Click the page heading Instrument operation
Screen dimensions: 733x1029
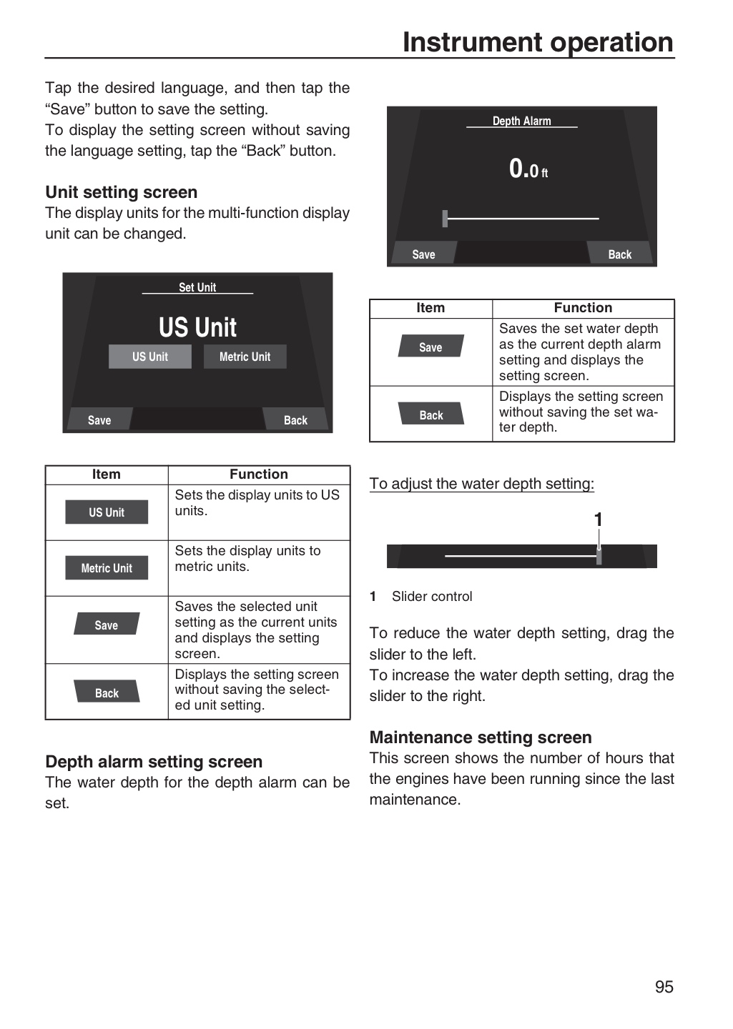point(538,42)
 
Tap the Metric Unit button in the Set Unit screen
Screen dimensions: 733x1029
point(245,357)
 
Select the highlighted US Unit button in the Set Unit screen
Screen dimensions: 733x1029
point(150,357)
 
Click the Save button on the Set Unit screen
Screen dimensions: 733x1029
point(100,419)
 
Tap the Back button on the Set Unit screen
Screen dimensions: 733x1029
point(295,419)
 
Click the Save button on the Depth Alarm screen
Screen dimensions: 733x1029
point(424,253)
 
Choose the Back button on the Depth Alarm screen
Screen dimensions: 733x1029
point(620,253)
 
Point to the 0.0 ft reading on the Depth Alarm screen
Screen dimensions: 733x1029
point(528,169)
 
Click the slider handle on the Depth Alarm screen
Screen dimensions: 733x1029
point(445,219)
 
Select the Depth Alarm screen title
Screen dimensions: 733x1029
point(522,121)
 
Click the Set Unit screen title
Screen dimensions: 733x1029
point(197,287)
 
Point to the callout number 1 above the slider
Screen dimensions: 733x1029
point(599,520)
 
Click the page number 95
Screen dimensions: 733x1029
point(664,987)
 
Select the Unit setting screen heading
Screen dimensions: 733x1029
point(122,192)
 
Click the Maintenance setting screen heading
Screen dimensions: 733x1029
point(481,737)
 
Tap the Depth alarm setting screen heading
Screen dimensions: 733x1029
point(154,762)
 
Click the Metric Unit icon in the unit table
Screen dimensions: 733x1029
point(107,568)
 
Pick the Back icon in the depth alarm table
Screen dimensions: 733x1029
point(431,414)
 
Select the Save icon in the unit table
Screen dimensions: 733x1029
point(107,623)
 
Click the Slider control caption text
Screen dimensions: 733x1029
point(432,596)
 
